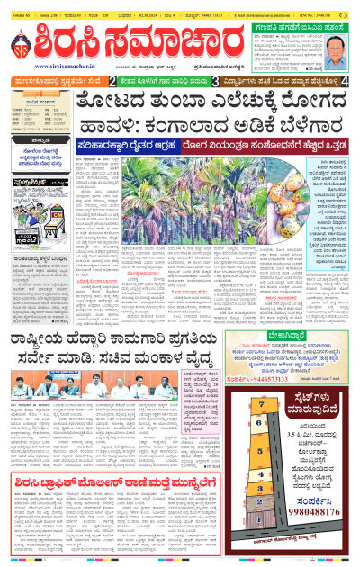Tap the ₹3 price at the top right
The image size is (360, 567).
tap(348, 5)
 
